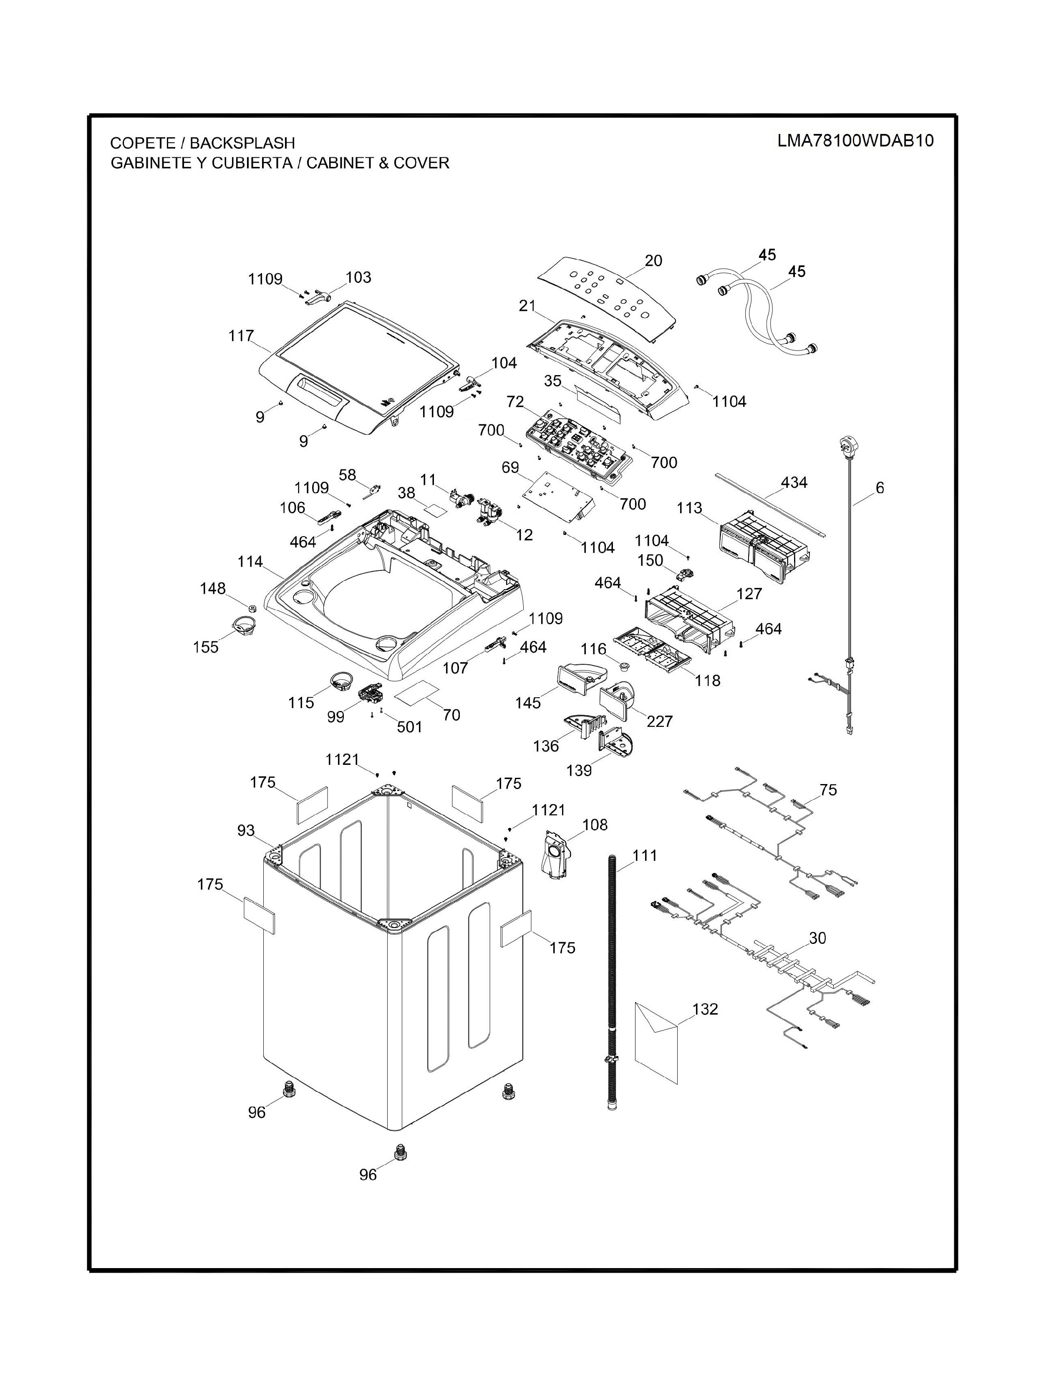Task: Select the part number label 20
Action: pyautogui.click(x=654, y=260)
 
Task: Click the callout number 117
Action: pyautogui.click(x=241, y=336)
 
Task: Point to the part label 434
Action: pyautogui.click(x=794, y=482)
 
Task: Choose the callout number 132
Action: pyautogui.click(x=705, y=1009)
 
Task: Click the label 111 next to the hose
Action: pyautogui.click(x=645, y=855)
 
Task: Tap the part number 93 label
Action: pyautogui.click(x=246, y=830)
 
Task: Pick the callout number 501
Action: pyautogui.click(x=409, y=726)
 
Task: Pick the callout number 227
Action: pyautogui.click(x=659, y=721)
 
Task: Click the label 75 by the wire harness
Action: pyautogui.click(x=828, y=790)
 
